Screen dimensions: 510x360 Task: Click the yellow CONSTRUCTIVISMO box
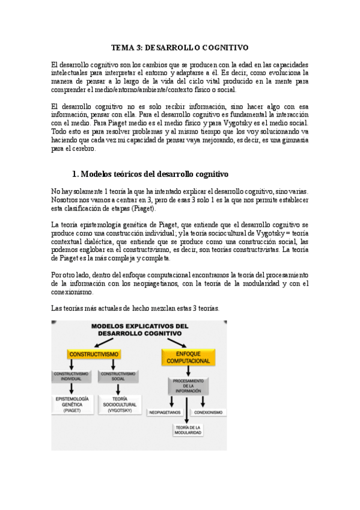click(93, 354)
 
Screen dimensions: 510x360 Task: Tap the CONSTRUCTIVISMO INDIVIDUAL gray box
click(71, 376)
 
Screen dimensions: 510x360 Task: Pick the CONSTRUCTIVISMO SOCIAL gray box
click(117, 376)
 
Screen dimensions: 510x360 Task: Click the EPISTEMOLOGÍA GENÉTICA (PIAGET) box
click(72, 404)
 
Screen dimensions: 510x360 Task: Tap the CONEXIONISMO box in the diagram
click(208, 413)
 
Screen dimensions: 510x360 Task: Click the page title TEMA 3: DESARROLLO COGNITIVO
click(180, 46)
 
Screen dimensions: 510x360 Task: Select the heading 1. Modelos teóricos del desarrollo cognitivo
click(150, 174)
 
